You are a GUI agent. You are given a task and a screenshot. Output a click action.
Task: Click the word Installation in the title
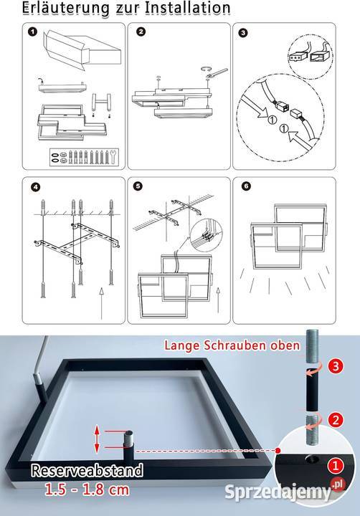click(x=188, y=8)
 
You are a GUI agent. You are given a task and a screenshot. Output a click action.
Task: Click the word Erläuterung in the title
click(x=65, y=8)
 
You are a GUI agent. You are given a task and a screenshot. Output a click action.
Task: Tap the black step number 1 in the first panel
click(x=32, y=32)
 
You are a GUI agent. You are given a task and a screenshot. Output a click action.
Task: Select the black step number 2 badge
click(x=141, y=32)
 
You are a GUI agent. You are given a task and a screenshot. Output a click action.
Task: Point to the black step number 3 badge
click(x=242, y=33)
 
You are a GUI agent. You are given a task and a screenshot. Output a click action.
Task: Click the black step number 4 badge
click(x=35, y=187)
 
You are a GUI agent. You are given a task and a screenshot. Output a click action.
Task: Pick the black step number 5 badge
click(x=138, y=186)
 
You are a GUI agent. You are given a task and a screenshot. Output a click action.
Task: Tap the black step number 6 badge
click(x=246, y=186)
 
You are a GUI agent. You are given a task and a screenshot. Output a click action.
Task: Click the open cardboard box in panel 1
click(x=82, y=50)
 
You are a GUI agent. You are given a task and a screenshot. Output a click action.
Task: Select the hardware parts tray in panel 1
click(x=84, y=157)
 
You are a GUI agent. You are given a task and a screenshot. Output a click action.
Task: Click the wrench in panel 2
click(x=217, y=72)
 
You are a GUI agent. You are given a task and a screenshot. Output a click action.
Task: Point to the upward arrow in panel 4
click(x=101, y=303)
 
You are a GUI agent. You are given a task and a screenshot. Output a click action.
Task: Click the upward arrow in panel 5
click(x=218, y=300)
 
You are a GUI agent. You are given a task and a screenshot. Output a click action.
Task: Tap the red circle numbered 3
click(x=336, y=366)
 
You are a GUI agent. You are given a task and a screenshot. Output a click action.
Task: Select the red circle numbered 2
click(x=336, y=420)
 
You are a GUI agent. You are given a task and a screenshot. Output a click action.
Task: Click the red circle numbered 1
click(x=336, y=466)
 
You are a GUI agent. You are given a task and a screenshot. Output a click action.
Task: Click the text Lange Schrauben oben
click(x=232, y=345)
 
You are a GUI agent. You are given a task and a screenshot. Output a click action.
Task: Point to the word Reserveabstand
click(x=87, y=471)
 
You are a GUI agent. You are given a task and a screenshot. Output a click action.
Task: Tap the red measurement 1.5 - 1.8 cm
click(x=87, y=489)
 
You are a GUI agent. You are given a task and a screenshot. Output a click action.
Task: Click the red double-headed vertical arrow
click(x=97, y=439)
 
